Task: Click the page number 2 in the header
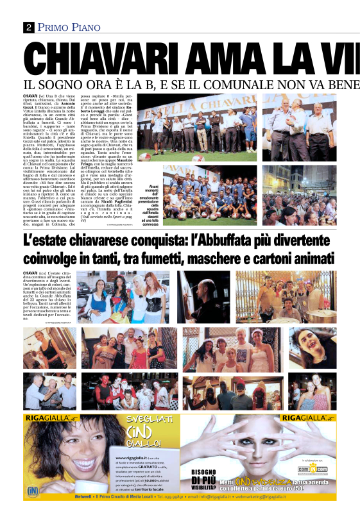click(29, 27)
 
